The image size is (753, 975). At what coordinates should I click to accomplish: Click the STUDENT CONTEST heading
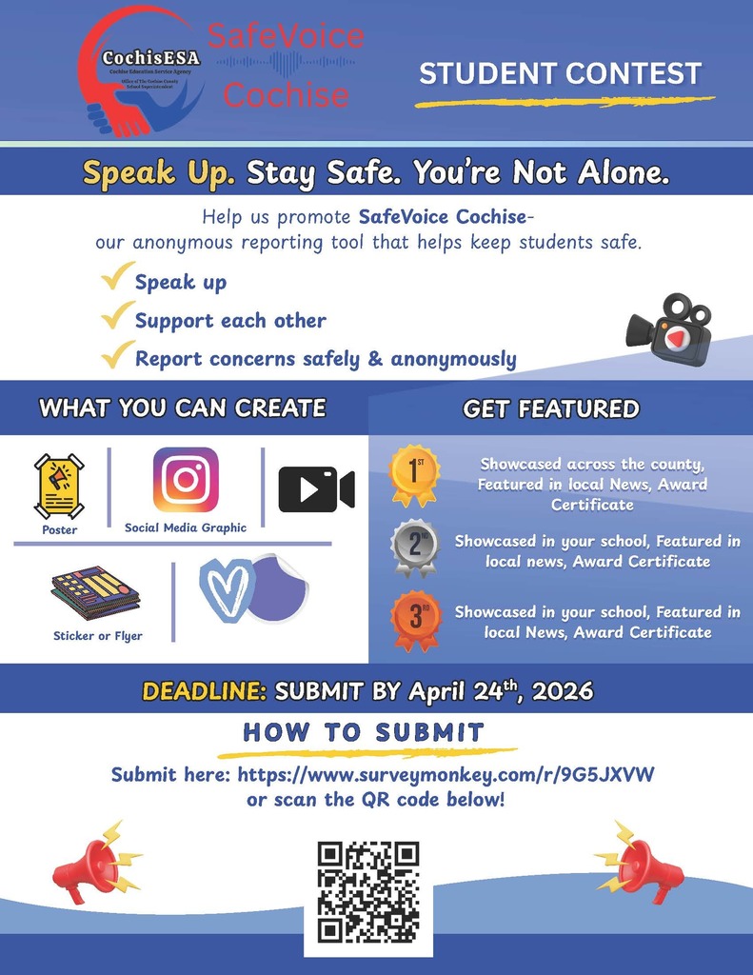[560, 74]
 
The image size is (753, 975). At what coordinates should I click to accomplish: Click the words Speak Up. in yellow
[158, 173]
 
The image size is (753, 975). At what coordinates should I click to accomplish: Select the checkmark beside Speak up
[116, 279]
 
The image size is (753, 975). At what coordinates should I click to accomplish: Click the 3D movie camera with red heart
[669, 330]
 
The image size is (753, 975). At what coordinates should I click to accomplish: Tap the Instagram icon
[186, 480]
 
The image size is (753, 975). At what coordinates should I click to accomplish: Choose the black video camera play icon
[316, 489]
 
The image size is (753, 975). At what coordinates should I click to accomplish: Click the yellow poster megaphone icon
[59, 486]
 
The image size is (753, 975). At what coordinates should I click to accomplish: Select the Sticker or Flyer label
[97, 636]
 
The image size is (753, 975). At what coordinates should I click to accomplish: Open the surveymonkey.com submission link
[446, 775]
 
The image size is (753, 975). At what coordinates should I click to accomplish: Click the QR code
[367, 892]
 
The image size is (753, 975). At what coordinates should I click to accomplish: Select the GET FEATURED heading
[551, 409]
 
